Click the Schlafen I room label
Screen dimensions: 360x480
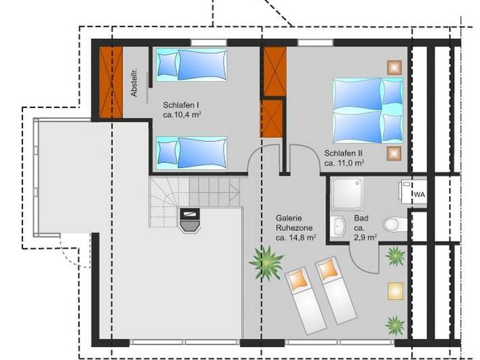pos(181,105)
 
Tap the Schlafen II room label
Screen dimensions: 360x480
pos(344,153)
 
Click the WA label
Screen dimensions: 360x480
pos(419,195)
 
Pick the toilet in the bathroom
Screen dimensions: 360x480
pos(391,224)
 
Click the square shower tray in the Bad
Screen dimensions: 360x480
pos(347,193)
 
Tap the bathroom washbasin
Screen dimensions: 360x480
pos(339,226)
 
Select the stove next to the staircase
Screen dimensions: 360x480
pos(190,218)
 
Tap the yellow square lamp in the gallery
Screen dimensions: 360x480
pos(395,290)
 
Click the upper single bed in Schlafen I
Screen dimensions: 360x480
pos(191,64)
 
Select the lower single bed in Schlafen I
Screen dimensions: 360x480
pos(191,151)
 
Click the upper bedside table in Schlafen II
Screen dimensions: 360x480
pos(394,66)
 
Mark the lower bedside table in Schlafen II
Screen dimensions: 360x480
pos(393,153)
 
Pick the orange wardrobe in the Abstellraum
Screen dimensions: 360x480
pos(110,82)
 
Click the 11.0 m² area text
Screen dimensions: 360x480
pos(345,163)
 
